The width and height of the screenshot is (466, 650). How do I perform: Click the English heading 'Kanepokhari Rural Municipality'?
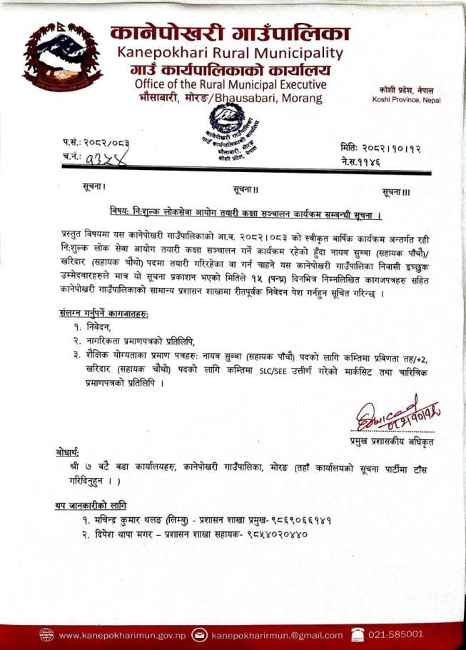(x=229, y=52)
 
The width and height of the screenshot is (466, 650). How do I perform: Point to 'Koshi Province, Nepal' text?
(x=406, y=99)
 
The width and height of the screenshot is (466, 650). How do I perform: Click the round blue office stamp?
(x=231, y=125)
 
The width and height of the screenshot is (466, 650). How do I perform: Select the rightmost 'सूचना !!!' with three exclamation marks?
(x=396, y=193)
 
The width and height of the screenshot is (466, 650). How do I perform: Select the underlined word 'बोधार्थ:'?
(x=69, y=452)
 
